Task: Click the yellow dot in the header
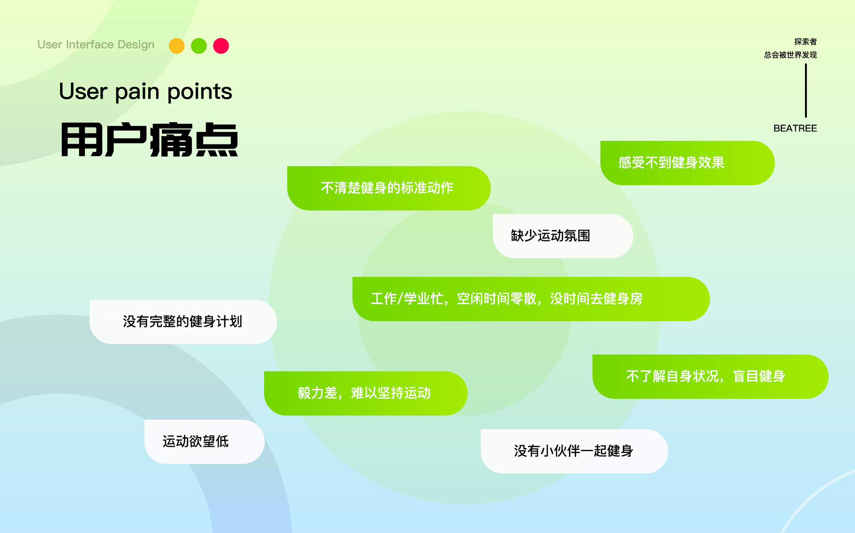coord(177,46)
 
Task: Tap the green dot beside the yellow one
coord(199,46)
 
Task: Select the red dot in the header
coord(221,46)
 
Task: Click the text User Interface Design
coord(96,44)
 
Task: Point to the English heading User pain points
coord(145,91)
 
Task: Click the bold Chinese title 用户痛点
coord(149,140)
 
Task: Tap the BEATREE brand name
coord(795,128)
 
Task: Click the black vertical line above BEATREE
coord(806,91)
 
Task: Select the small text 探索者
coord(805,41)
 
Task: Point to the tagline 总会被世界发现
coord(790,55)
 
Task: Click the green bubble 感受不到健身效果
coord(687,163)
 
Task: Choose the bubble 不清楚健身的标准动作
coord(389,188)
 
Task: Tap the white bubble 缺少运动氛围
coord(563,236)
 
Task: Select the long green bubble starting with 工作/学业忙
coord(531,299)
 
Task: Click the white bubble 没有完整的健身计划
coord(183,321)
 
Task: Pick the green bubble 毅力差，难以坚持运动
coord(366,393)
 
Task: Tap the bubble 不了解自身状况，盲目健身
coord(711,377)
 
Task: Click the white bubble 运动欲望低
coord(204,442)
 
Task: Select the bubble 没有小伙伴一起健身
coord(574,451)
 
